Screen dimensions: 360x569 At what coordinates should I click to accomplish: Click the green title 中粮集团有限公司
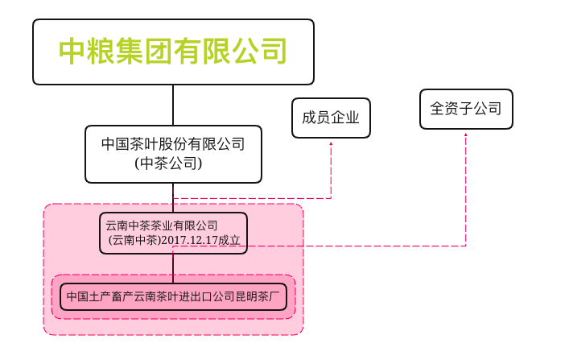point(173,52)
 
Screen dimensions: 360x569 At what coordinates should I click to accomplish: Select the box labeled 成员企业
point(330,118)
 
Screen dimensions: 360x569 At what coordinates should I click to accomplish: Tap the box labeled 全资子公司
point(466,109)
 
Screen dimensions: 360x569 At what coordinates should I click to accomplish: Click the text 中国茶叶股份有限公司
point(173,145)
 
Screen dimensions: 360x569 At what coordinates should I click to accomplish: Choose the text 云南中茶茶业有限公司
point(162,225)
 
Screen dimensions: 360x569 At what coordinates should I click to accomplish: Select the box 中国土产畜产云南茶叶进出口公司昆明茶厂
point(173,296)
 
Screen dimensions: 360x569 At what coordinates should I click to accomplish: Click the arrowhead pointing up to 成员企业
point(331,144)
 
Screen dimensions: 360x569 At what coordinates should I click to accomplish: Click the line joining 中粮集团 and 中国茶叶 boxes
point(173,105)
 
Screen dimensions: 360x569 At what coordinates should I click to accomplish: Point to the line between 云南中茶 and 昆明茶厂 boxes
point(173,265)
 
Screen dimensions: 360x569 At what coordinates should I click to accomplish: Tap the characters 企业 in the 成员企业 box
point(344,118)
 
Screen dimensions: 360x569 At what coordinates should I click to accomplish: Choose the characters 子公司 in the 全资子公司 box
point(475,109)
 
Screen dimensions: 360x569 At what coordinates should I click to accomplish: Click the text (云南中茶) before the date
point(133,241)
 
